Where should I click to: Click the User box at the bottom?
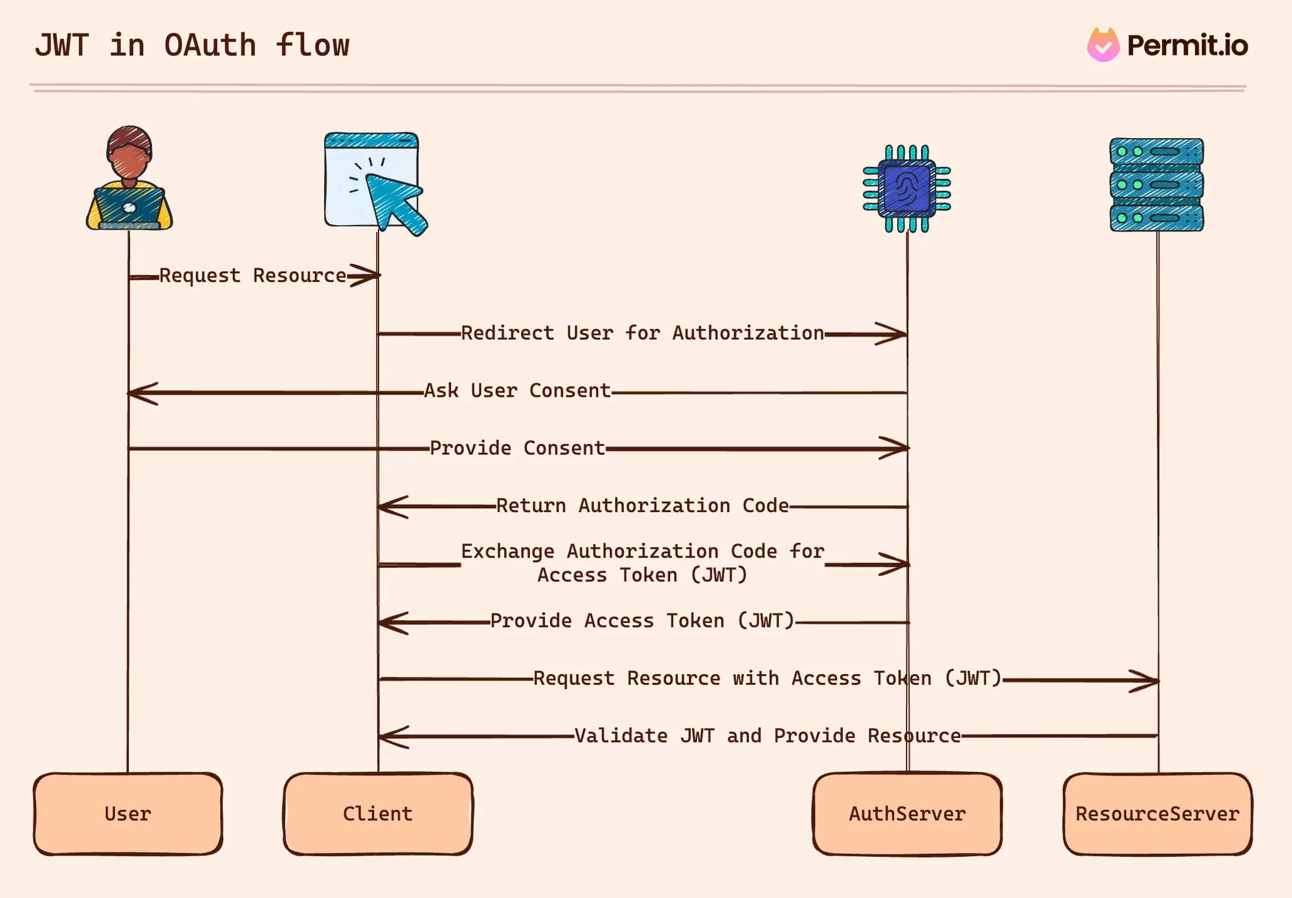coord(128,813)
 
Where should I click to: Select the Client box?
coord(378,813)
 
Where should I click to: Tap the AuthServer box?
coord(907,813)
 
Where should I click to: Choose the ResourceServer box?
coord(1158,813)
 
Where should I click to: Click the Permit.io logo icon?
coord(1103,45)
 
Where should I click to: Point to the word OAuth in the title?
coord(210,45)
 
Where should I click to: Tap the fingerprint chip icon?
coord(907,189)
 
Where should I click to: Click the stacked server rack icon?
coord(1156,185)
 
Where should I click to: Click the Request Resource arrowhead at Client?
coord(366,276)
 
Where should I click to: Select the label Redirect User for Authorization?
coord(642,333)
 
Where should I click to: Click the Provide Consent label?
coord(517,448)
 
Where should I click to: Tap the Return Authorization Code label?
coord(642,506)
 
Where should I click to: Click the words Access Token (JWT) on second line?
coord(642,575)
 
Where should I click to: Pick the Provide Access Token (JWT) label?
coord(642,621)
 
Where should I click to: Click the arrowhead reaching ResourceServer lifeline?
coord(1145,680)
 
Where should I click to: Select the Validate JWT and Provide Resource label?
coord(767,736)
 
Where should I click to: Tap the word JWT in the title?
coord(62,45)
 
